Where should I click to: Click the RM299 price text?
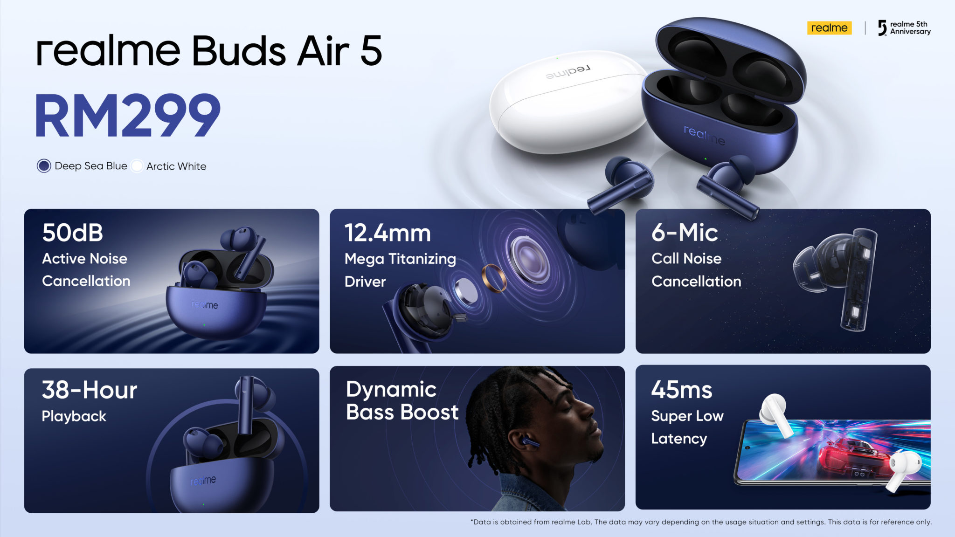pyautogui.click(x=128, y=115)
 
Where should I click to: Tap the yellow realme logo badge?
pyautogui.click(x=829, y=28)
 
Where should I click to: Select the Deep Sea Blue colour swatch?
pyautogui.click(x=44, y=166)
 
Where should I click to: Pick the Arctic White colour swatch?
pyautogui.click(x=137, y=166)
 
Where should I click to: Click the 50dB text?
pyautogui.click(x=72, y=233)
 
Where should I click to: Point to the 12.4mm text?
pyautogui.click(x=388, y=233)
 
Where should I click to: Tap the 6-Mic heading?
pyautogui.click(x=685, y=232)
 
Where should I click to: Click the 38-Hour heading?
pyautogui.click(x=90, y=390)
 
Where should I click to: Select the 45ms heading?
pyautogui.click(x=682, y=390)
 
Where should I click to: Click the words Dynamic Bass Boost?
pyautogui.click(x=402, y=401)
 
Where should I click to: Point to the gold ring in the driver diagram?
pyautogui.click(x=494, y=278)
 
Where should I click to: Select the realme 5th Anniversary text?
pyautogui.click(x=910, y=28)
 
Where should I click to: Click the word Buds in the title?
pyautogui.click(x=239, y=51)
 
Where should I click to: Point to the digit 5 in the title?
pyautogui.click(x=371, y=51)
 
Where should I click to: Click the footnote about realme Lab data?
pyautogui.click(x=701, y=522)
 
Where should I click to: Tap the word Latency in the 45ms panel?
pyautogui.click(x=679, y=439)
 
